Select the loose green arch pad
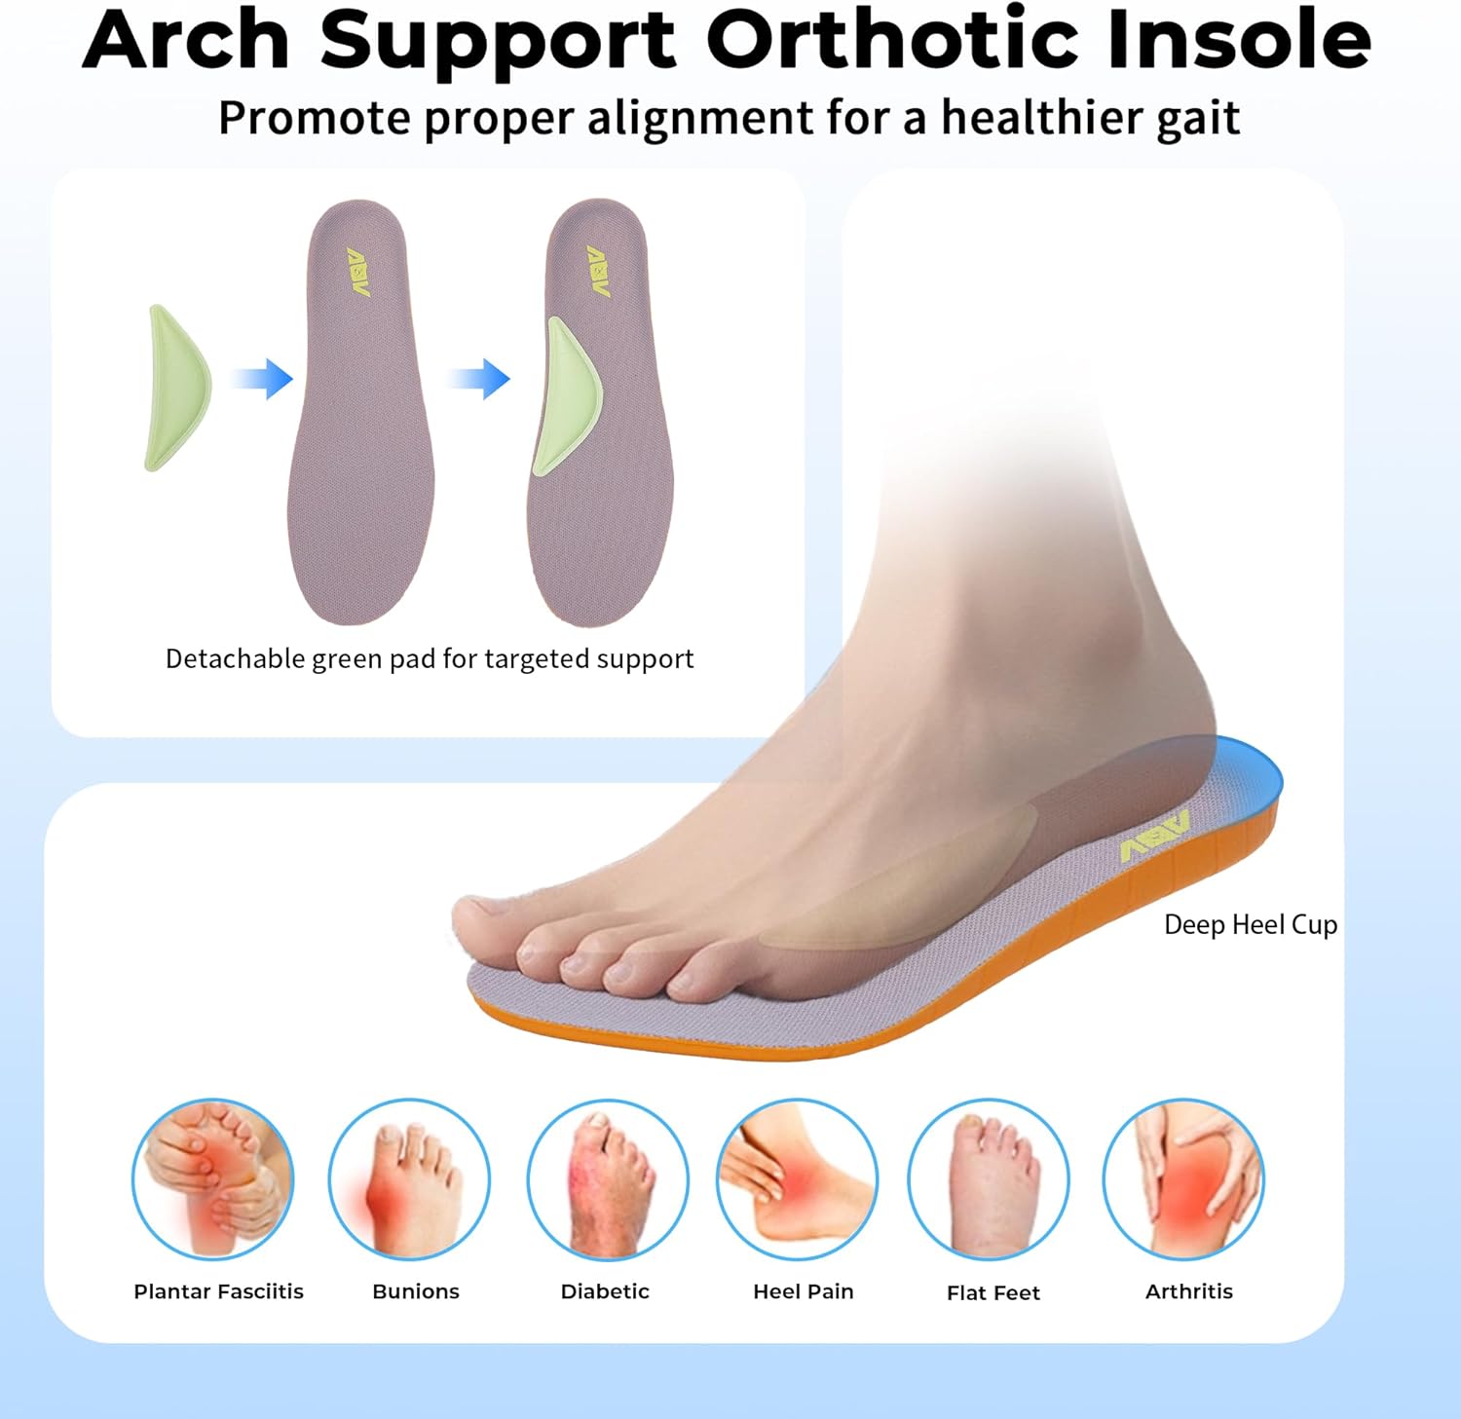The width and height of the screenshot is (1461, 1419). pos(177,388)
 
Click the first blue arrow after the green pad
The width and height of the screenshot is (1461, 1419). pos(265,379)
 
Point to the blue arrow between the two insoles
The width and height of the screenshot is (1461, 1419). pos(481,379)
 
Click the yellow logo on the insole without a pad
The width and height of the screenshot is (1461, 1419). pos(358,272)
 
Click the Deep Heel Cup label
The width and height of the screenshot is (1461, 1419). pos(1250,924)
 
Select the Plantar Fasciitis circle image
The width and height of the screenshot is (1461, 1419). pos(212,1179)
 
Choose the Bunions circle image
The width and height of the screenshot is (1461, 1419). pos(409,1179)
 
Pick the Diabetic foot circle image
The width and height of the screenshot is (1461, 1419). pos(607,1179)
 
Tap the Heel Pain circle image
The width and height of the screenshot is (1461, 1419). pos(797,1179)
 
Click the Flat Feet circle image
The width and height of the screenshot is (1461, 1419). pos(988,1179)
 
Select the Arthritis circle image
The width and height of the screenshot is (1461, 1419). pos(1183,1179)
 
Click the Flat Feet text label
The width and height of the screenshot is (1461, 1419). pos(993,1292)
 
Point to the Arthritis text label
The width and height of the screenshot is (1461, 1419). pos(1188,1291)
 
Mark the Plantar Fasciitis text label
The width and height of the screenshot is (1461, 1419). pos(218,1291)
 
